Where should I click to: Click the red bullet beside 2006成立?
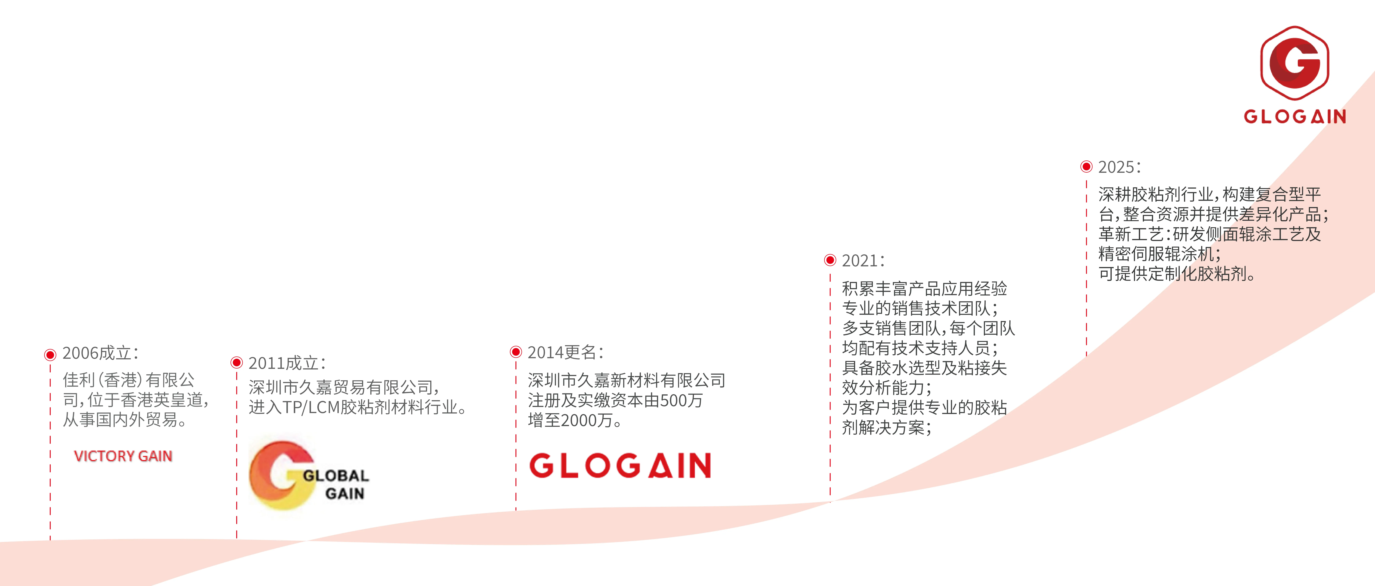[50, 355]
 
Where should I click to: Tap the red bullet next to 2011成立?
[236, 363]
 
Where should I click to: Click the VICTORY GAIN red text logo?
[123, 456]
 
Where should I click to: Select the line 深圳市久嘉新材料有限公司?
[627, 380]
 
